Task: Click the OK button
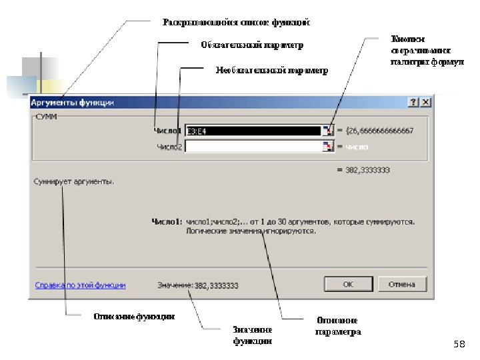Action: coord(348,284)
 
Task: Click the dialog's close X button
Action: coord(425,103)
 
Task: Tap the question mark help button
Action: coord(413,103)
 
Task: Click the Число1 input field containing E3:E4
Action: coord(253,131)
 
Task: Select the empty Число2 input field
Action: coord(253,147)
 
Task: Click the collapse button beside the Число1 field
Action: coord(327,131)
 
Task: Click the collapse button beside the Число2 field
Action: coord(327,147)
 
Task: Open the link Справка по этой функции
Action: coord(80,285)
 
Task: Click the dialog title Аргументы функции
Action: coord(73,103)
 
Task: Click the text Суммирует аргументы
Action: coord(74,181)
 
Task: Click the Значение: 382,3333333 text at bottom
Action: coord(197,285)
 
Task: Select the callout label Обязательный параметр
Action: coord(252,45)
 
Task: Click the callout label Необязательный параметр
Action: coord(271,70)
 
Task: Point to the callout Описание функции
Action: coord(134,317)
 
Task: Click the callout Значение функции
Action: coord(252,335)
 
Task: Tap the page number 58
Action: coord(458,344)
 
